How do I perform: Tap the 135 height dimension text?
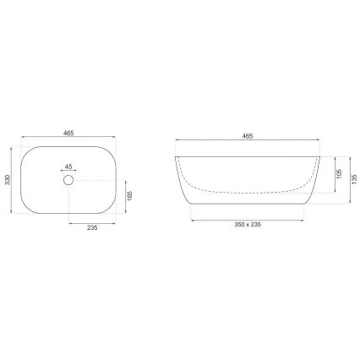pyautogui.click(x=355, y=180)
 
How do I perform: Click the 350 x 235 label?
pyautogui.click(x=248, y=226)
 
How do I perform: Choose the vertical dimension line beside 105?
pyautogui.click(x=335, y=174)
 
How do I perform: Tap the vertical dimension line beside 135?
pyautogui.click(x=349, y=180)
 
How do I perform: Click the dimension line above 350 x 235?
pyautogui.click(x=248, y=219)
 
